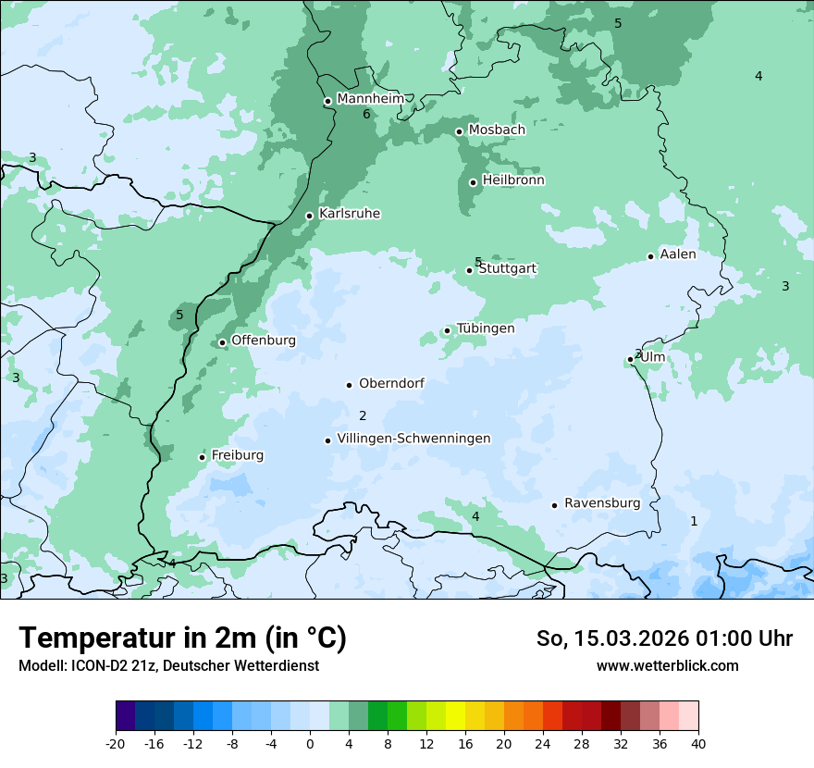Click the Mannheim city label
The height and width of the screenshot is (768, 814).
370,99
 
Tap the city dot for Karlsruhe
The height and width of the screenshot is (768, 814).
310,216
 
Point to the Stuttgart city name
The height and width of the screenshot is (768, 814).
507,269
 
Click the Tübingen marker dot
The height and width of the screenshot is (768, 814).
447,330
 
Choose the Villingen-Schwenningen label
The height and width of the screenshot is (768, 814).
413,439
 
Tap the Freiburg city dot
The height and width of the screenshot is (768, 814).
202,457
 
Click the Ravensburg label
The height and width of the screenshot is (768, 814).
602,503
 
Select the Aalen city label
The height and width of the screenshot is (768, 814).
678,254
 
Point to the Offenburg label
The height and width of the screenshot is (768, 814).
264,341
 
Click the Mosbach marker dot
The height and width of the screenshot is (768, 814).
459,131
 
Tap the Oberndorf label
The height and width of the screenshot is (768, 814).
391,383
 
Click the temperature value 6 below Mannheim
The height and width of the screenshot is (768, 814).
366,115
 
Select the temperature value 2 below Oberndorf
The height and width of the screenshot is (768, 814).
363,416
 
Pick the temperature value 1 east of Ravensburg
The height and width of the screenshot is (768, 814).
694,522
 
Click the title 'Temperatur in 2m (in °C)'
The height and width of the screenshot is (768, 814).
182,638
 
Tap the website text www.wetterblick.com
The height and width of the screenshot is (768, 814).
667,665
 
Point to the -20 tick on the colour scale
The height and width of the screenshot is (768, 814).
116,744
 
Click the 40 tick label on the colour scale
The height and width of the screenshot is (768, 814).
698,744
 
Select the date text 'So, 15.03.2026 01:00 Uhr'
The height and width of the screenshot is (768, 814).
664,638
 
